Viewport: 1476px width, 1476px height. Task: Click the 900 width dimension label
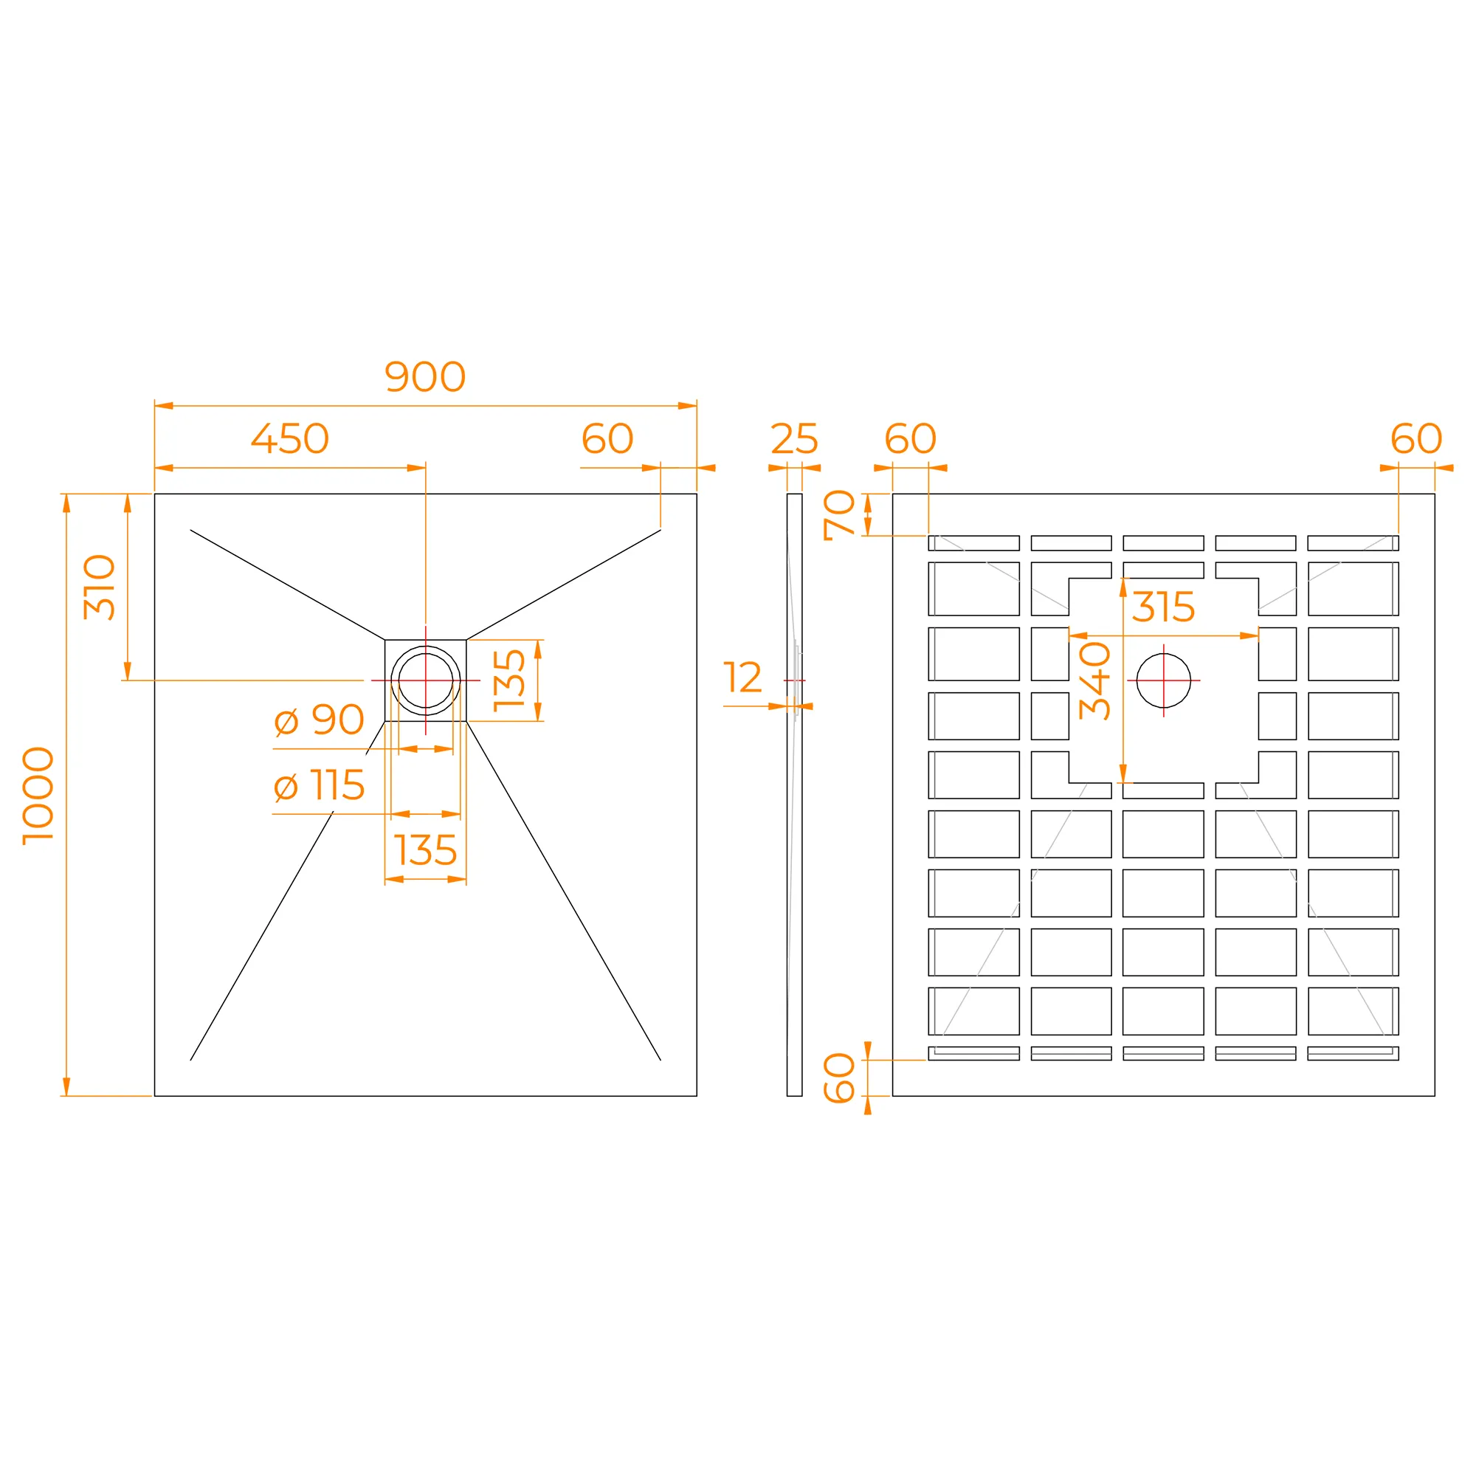click(425, 376)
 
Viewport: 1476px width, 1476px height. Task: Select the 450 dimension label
click(290, 438)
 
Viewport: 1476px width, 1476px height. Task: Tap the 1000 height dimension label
click(38, 796)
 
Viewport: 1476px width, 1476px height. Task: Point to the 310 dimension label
click(100, 587)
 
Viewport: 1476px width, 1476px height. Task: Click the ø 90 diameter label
click(319, 720)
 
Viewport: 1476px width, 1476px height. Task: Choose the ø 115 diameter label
click(319, 785)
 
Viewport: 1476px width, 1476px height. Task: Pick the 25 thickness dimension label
click(795, 438)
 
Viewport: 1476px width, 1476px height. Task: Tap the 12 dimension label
click(742, 677)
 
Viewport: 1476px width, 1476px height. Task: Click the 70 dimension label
click(840, 515)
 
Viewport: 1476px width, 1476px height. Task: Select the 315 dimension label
click(1164, 607)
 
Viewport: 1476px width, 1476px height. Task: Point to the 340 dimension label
click(1094, 680)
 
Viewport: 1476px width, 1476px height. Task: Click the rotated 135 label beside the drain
click(509, 680)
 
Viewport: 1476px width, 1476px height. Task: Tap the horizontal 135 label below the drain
click(426, 850)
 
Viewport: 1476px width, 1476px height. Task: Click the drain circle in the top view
click(426, 646)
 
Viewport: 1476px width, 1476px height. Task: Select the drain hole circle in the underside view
click(1164, 654)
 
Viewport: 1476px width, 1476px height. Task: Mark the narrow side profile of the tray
click(795, 795)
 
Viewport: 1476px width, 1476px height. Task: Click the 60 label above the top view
click(607, 438)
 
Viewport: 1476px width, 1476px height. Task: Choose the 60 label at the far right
click(1416, 438)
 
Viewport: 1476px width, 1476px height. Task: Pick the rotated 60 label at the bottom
click(840, 1078)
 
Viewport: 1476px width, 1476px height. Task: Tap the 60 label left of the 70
click(911, 438)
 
